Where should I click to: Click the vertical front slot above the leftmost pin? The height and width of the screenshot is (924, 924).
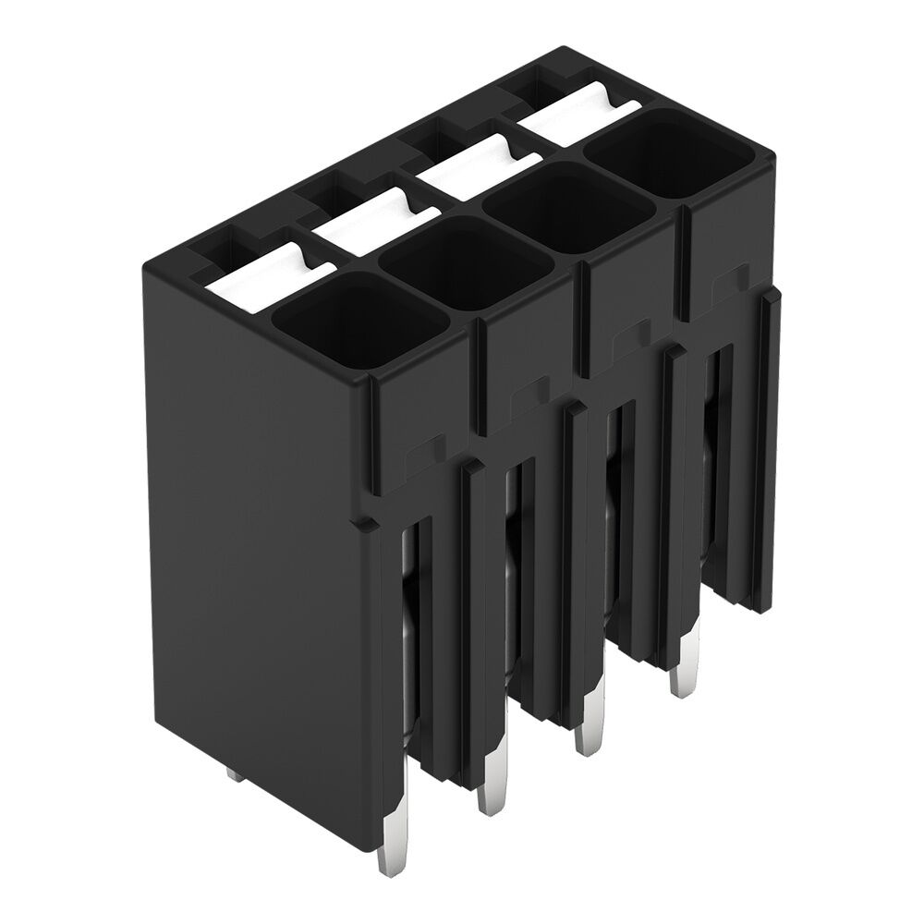tap(412, 628)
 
